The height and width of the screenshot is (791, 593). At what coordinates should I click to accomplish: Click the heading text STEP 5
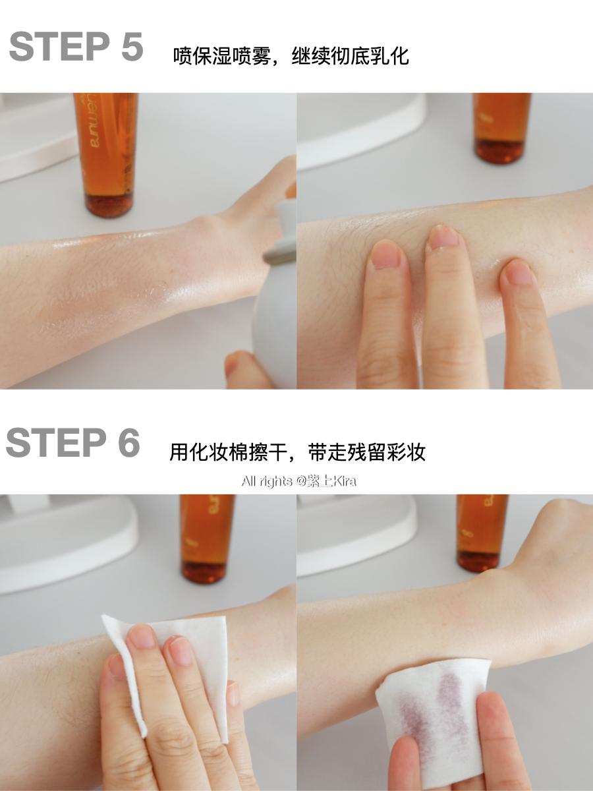76,47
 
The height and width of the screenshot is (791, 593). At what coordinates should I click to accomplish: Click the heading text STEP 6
73,443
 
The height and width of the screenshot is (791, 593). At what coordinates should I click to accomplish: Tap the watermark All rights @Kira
298,481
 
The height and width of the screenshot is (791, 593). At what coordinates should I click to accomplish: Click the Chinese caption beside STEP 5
291,55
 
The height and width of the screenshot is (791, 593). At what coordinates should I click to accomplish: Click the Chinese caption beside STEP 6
297,452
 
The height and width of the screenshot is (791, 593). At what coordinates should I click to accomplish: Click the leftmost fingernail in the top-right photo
385,255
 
